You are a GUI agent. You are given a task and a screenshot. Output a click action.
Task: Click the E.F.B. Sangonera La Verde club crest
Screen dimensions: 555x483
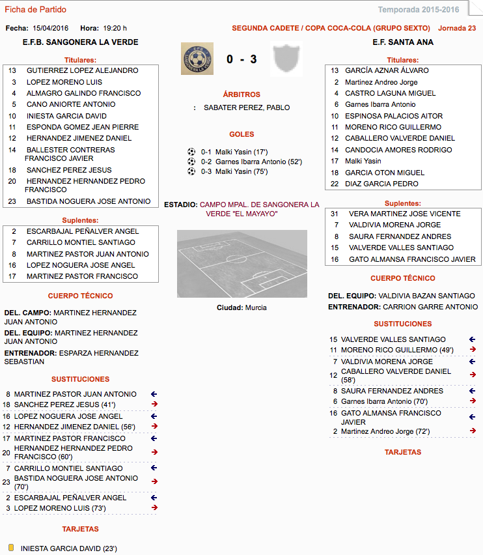tap(197, 58)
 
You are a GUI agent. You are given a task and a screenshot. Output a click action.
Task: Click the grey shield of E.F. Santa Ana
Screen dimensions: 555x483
tap(286, 58)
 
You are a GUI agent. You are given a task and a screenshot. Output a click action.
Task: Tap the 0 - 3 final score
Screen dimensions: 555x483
tap(241, 59)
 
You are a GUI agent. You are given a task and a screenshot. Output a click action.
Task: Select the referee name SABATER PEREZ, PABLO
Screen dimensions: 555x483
tap(247, 107)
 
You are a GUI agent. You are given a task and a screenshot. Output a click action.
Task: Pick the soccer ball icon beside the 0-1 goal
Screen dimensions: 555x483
tap(191, 151)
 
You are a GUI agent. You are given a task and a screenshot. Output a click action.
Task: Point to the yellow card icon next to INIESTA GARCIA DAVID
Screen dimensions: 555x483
tap(11, 548)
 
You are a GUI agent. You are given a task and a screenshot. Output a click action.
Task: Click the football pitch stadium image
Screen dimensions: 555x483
tap(241, 263)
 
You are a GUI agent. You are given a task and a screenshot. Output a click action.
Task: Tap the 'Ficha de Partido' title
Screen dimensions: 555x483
tap(35, 10)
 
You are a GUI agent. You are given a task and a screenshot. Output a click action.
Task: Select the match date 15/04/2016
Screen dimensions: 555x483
tap(50, 28)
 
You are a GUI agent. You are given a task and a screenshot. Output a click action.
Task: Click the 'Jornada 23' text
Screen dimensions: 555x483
tap(457, 28)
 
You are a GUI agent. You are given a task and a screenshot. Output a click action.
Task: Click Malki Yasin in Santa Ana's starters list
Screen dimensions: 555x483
tap(363, 161)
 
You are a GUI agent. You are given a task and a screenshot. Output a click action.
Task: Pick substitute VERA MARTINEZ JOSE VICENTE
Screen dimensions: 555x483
tap(404, 214)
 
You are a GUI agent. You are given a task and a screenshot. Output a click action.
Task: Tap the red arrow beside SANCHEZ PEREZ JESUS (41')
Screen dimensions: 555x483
tap(154, 405)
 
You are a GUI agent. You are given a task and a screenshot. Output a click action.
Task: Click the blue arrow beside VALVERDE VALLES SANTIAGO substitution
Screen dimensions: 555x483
tap(473, 339)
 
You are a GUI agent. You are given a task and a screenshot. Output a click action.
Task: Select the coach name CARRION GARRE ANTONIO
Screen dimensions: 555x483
tap(430, 306)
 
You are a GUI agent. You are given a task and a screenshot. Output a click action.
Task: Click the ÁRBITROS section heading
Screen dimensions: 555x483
tap(241, 94)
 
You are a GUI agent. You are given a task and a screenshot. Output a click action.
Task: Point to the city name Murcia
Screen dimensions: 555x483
tap(255, 307)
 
